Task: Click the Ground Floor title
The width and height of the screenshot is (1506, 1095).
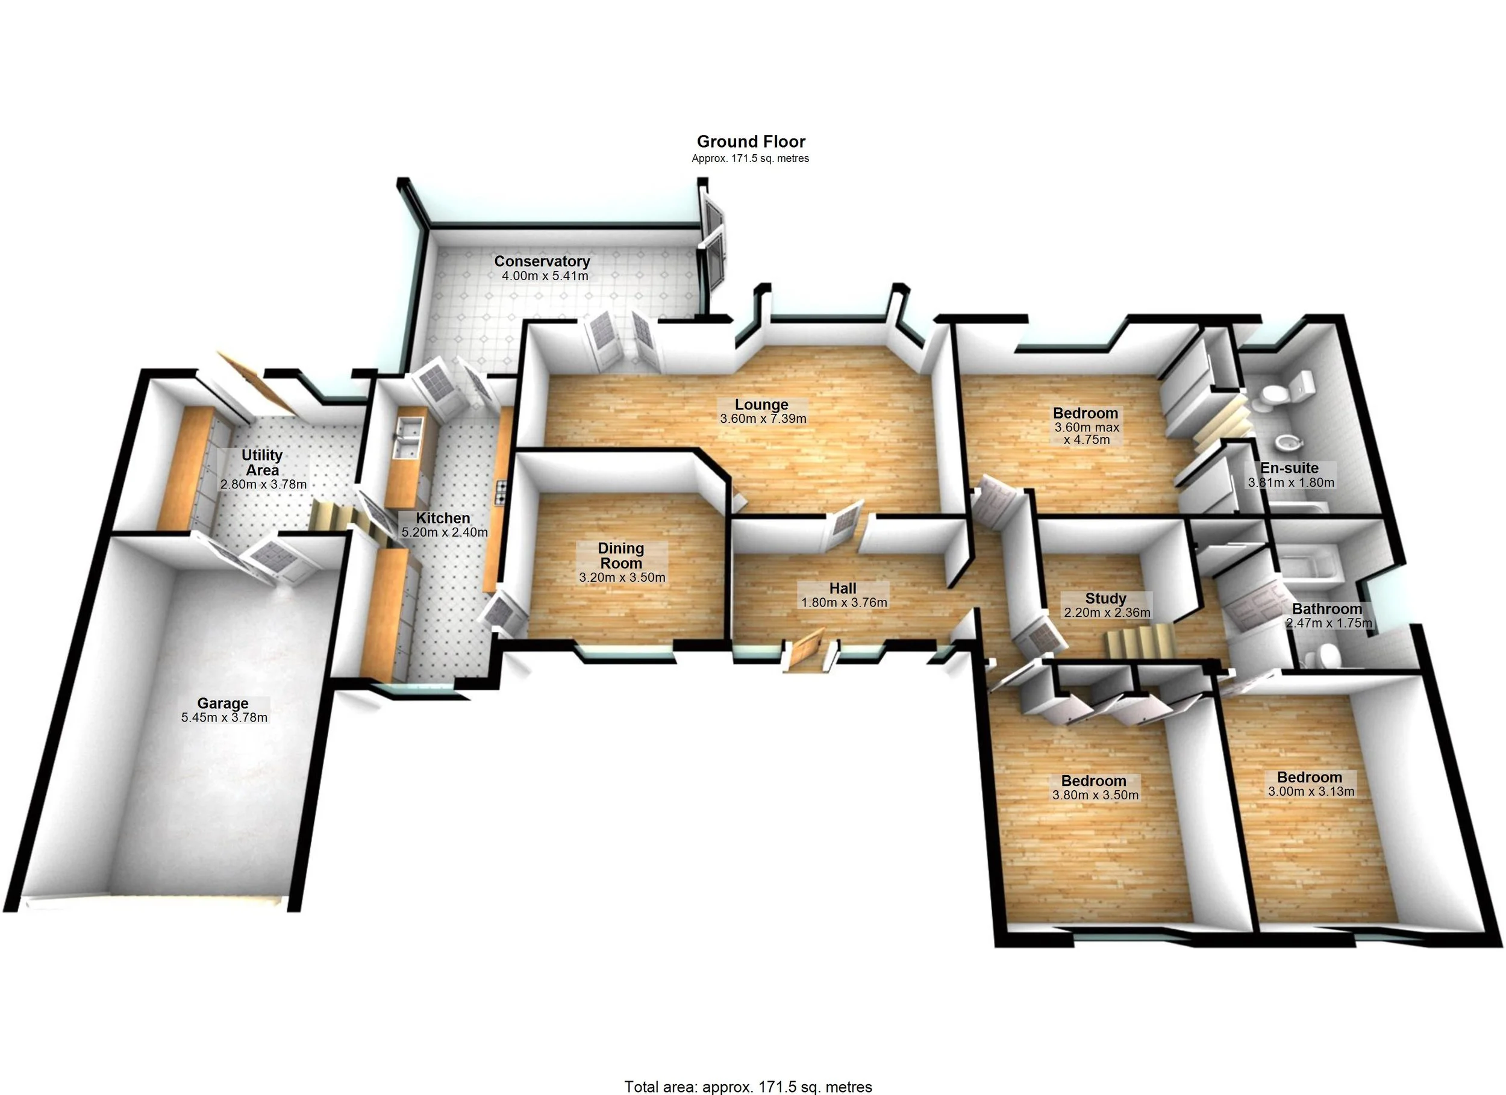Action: point(751,142)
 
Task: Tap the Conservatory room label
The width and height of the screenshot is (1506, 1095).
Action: point(542,261)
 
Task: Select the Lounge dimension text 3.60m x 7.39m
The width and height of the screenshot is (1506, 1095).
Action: point(763,419)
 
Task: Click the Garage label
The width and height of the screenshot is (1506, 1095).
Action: point(222,703)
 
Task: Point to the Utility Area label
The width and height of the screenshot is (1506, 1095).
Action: point(261,462)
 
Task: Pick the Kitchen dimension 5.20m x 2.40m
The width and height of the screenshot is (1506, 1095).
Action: point(444,532)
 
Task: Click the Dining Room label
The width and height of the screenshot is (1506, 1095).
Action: point(621,555)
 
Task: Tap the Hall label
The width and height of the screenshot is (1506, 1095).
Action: point(843,588)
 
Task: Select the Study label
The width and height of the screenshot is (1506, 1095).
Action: point(1105,598)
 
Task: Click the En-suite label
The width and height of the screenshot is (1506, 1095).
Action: point(1290,467)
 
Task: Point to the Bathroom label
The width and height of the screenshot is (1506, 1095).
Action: point(1326,609)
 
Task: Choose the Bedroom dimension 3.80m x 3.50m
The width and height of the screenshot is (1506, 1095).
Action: point(1095,795)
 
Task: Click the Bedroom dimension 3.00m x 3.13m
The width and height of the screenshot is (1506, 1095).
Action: point(1311,791)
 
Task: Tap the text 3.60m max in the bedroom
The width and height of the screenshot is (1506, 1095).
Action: point(1087,427)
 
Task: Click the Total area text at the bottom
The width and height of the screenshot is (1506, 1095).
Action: point(748,1087)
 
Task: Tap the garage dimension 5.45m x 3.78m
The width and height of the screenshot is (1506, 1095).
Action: point(225,717)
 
